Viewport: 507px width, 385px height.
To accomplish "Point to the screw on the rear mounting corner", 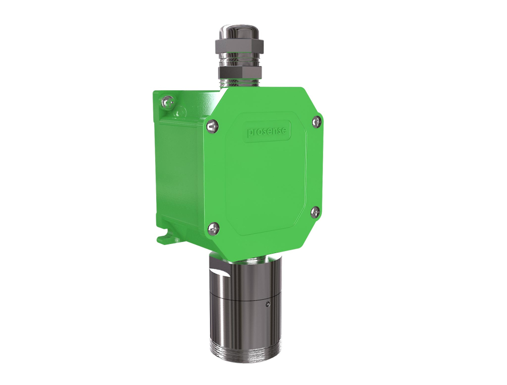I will tap(166, 103).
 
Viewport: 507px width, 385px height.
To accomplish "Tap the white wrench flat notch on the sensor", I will tap(222, 274).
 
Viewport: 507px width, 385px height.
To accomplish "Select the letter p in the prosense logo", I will tap(250, 133).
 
